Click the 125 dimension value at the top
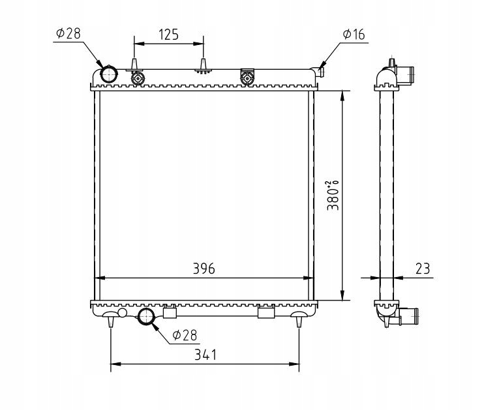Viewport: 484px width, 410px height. (169, 35)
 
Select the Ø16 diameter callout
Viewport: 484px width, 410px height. (354, 35)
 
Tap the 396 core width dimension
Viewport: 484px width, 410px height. (204, 269)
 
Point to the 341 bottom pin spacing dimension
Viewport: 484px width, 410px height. (205, 355)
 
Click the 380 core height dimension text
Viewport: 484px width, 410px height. (333, 196)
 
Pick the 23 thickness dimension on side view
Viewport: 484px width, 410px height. (423, 269)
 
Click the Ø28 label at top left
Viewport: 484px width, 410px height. (68, 33)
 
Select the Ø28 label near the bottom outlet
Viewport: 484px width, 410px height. (185, 335)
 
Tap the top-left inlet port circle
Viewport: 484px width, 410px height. (109, 74)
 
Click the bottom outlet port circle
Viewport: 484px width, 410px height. (146, 316)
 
